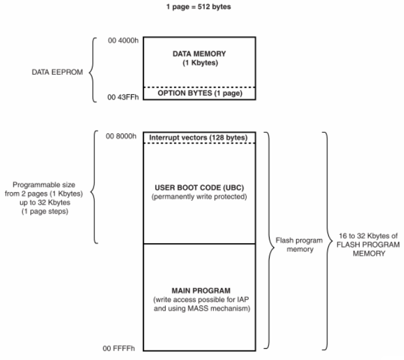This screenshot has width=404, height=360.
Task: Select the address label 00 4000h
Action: [x=123, y=42]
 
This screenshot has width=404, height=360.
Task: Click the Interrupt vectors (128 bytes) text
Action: [x=198, y=138]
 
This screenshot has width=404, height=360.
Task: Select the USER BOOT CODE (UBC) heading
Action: [x=200, y=187]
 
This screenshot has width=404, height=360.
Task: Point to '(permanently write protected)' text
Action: [x=200, y=196]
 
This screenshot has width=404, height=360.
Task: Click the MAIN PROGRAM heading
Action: [x=200, y=290]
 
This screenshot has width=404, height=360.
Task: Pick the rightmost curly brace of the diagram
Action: [x=326, y=240]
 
